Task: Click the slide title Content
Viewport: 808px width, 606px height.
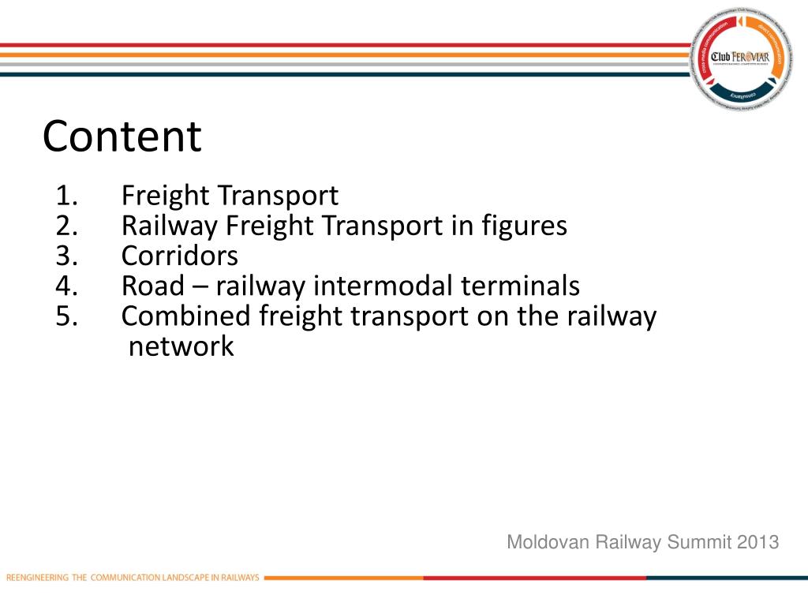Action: click(122, 137)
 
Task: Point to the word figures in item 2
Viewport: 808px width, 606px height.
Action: click(524, 226)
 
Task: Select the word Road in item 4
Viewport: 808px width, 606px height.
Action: click(151, 286)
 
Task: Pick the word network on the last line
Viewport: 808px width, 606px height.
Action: click(181, 346)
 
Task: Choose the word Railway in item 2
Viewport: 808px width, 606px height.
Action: click(170, 226)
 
